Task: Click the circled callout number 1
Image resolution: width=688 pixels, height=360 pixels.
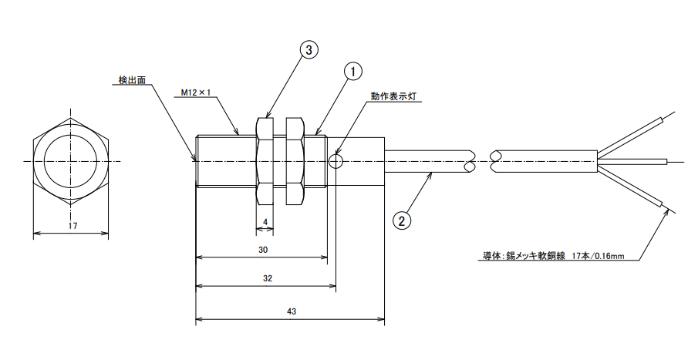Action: (x=352, y=72)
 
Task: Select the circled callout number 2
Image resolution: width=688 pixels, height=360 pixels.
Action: (x=401, y=220)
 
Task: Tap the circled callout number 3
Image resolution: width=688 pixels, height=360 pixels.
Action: (x=308, y=50)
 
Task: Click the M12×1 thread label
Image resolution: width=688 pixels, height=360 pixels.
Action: (x=196, y=92)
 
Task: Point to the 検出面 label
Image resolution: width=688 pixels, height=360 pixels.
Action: (x=132, y=79)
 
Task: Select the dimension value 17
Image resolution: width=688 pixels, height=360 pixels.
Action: (x=73, y=226)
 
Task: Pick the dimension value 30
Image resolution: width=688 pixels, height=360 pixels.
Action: (x=262, y=250)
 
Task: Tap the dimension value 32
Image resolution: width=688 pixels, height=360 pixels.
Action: (x=267, y=278)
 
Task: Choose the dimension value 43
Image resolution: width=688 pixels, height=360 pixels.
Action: (x=291, y=311)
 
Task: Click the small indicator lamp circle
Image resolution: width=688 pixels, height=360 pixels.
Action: (x=336, y=161)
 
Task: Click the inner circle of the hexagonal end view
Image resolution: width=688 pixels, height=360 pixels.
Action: (x=72, y=161)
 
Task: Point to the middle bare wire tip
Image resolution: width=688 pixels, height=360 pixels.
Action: (x=665, y=161)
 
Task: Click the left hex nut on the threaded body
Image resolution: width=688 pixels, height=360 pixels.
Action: (x=264, y=161)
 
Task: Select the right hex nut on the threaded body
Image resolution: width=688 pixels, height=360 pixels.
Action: (x=295, y=161)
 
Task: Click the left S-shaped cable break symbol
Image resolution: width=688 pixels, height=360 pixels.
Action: (x=469, y=161)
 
